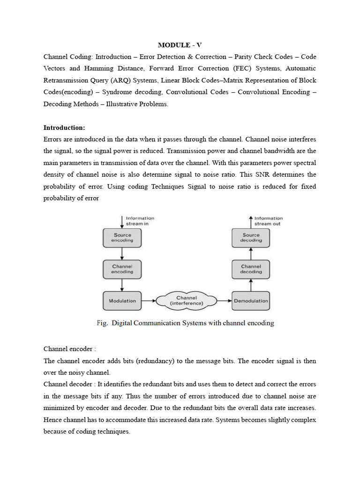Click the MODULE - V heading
tap(180, 45)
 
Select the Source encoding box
tap(122, 238)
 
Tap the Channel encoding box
tap(122, 269)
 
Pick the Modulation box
tap(122, 300)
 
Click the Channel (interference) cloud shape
tap(187, 300)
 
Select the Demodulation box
tap(251, 300)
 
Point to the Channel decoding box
tap(251, 269)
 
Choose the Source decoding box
tap(251, 238)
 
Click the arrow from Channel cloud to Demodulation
tap(224, 300)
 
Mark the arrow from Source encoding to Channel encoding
tap(122, 254)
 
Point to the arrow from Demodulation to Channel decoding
tap(251, 285)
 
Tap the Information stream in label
tap(139, 221)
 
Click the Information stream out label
tap(268, 221)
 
